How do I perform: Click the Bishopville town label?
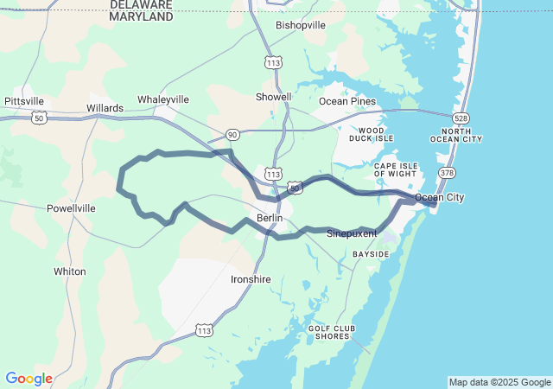[x=301, y=25]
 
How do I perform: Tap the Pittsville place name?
[x=24, y=101]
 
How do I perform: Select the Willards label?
[x=105, y=108]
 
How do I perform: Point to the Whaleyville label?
[x=162, y=99]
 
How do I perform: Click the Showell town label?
[x=274, y=97]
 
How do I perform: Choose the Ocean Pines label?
[x=347, y=101]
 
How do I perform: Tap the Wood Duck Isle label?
[x=371, y=134]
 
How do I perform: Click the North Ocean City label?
[x=456, y=135]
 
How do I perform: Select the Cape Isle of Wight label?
[x=396, y=169]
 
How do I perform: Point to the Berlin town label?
[x=270, y=218]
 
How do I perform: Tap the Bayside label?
[x=371, y=254]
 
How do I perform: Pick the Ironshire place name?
[x=251, y=279]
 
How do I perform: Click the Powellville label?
[x=71, y=208]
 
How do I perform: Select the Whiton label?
[x=70, y=271]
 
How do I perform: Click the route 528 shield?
[x=461, y=117]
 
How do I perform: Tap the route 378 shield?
[x=447, y=173]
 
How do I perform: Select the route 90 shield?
[x=232, y=134]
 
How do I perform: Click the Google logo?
[x=29, y=379]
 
